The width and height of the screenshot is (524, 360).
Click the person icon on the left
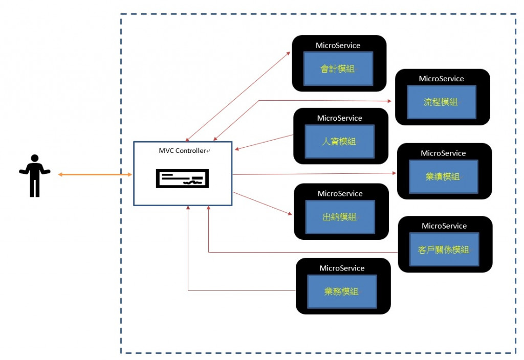(35, 175)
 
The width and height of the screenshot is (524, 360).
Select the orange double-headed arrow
(95, 175)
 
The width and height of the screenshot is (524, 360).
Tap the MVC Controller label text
(183, 151)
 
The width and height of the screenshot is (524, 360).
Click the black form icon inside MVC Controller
(182, 179)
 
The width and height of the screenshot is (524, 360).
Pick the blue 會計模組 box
(338, 69)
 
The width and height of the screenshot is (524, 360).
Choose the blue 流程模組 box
(441, 102)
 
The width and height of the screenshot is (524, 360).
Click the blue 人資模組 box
(339, 141)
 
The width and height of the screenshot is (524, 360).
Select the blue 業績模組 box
(443, 176)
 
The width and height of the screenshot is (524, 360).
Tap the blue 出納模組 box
(340, 217)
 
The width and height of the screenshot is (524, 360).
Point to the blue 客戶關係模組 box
(444, 250)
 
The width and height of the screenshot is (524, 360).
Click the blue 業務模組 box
(342, 291)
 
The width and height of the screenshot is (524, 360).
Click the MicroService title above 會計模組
(338, 46)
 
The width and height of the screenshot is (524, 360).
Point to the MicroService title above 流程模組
(441, 79)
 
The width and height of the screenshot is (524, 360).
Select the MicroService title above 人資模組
(339, 118)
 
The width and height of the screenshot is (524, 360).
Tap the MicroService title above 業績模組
(443, 153)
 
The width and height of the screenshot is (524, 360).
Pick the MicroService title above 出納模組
(340, 194)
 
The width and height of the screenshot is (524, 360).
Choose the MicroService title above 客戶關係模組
(444, 226)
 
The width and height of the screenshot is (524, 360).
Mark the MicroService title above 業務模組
(342, 268)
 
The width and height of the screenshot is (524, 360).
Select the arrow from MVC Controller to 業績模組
(315, 174)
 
